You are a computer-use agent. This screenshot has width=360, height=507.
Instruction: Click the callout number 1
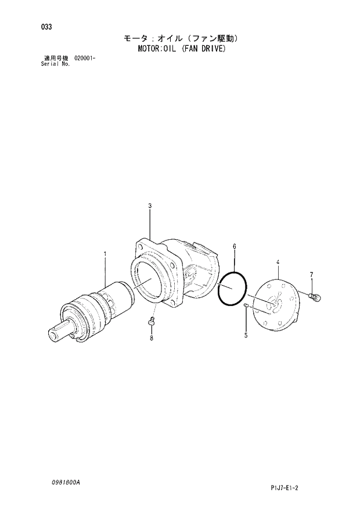105,254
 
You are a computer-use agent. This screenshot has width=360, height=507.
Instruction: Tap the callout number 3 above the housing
150,206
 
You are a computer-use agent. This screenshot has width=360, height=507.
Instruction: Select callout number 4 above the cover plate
278,263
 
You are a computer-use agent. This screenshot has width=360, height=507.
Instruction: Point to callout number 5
246,335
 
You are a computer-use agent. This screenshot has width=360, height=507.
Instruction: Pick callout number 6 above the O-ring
234,246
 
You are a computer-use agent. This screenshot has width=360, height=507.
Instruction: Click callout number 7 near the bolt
311,275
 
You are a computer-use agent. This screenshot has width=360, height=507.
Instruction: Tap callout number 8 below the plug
152,338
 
